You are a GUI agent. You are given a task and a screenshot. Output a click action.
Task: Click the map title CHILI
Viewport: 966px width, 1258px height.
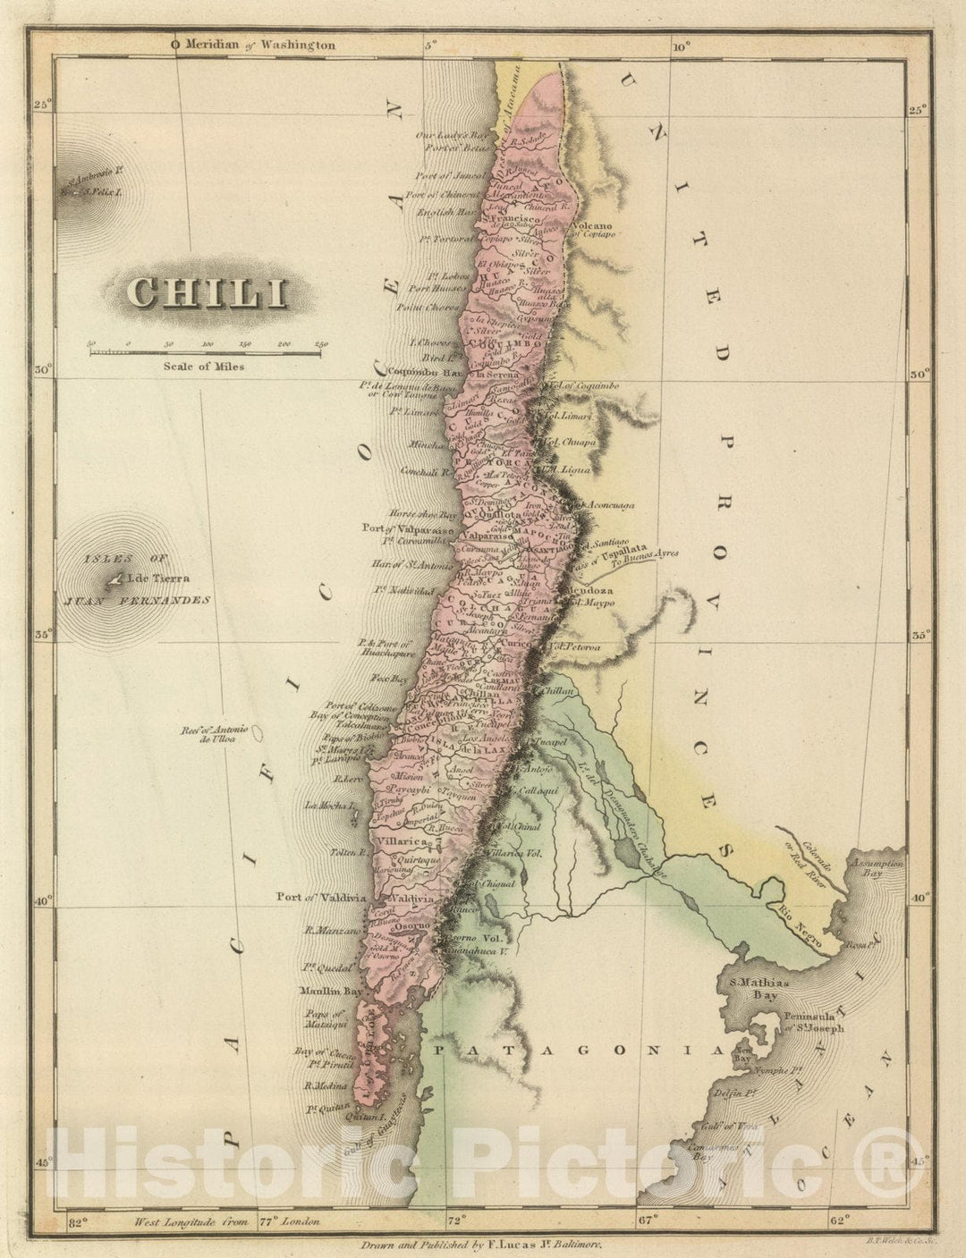pos(208,292)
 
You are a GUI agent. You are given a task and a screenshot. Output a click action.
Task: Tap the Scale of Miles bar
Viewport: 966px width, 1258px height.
pos(204,353)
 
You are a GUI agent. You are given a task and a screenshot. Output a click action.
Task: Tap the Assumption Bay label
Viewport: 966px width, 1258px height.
pos(879,867)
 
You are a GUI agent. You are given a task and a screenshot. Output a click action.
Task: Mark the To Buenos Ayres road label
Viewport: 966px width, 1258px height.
pos(643,555)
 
